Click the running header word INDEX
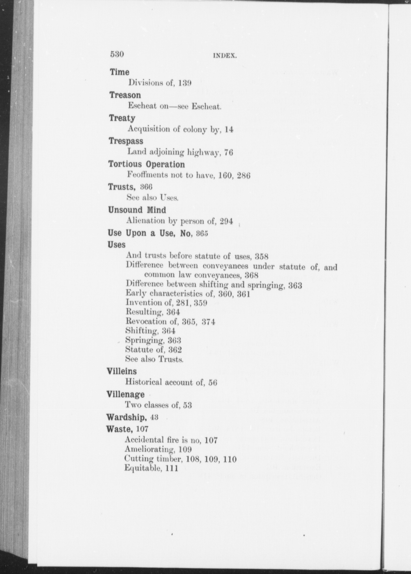(225, 56)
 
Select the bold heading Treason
(125, 95)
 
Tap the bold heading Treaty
(122, 118)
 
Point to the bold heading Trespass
(126, 141)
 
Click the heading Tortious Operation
(147, 164)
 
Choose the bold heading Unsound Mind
(137, 210)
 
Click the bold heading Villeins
(122, 371)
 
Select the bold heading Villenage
(125, 394)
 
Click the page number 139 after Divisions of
(185, 83)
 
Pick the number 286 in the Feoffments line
(244, 176)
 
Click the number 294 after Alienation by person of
(226, 221)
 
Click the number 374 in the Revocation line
(208, 322)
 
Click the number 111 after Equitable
(172, 468)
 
